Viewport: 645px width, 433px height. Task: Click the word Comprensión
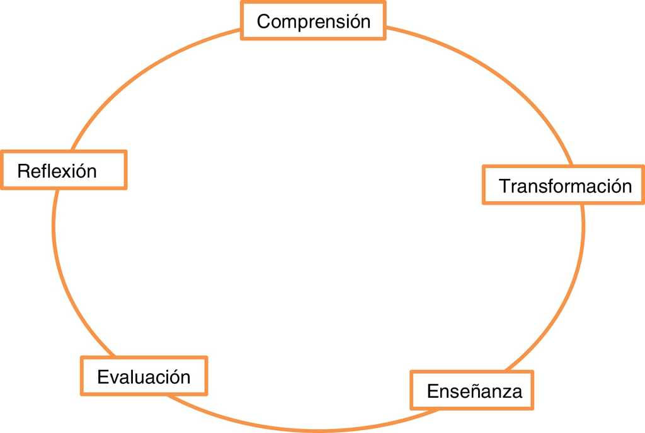313,21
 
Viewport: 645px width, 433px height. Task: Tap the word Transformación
565,186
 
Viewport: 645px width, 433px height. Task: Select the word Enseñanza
474,391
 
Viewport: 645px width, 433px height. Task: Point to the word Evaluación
144,377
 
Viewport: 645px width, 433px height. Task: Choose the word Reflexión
57,171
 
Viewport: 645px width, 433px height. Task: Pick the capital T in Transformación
504,186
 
